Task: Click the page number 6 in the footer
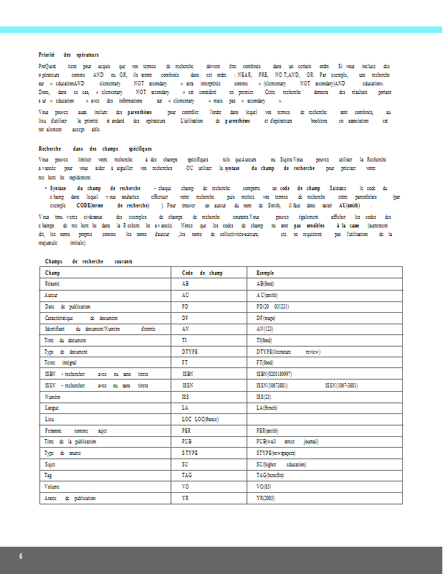[21, 557]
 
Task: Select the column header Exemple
[266, 273]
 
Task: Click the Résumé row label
[52, 284]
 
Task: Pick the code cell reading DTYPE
[190, 352]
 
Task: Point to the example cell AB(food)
[265, 284]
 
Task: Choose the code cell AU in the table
[186, 295]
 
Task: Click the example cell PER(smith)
[267, 430]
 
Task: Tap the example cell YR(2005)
[266, 497]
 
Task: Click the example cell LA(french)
[267, 408]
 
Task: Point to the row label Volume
[54, 486]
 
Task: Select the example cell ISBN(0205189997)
[274, 374]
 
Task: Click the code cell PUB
[187, 441]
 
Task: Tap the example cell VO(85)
[264, 486]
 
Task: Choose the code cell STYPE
[190, 453]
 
